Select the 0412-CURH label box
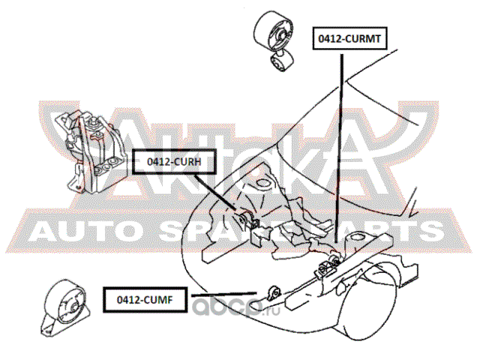(x=169, y=160)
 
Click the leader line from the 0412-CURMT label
(x=342, y=150)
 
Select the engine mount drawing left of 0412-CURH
(x=90, y=150)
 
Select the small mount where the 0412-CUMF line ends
(x=274, y=292)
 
